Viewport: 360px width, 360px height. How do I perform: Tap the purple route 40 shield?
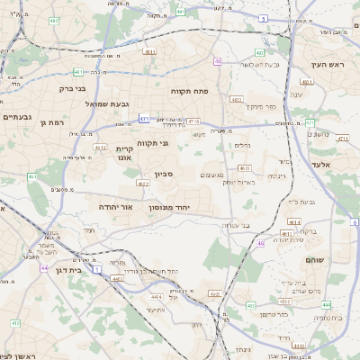218,61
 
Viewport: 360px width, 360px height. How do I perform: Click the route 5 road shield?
263,17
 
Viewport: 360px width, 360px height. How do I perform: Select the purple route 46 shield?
260,243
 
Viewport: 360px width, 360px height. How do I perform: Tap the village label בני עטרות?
234,225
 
